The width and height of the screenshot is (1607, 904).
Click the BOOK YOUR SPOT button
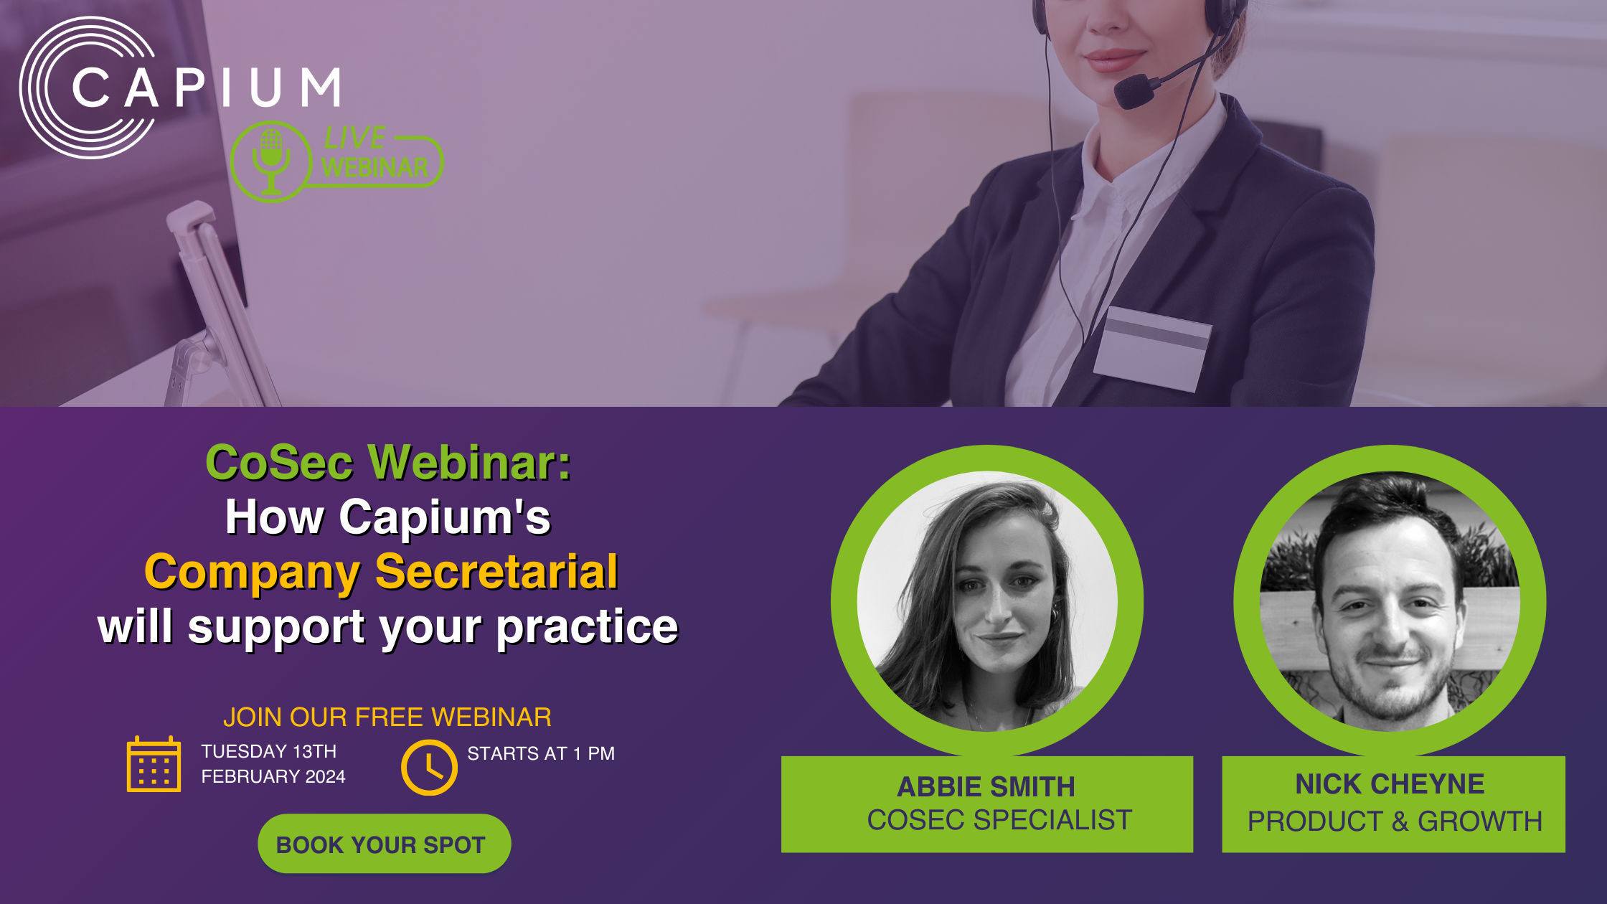click(x=384, y=844)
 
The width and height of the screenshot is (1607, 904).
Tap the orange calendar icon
click(x=154, y=764)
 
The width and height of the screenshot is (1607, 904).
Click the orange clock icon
click(x=429, y=768)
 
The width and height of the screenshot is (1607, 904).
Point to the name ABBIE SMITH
click(x=986, y=787)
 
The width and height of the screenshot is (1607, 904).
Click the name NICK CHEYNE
click(x=1390, y=784)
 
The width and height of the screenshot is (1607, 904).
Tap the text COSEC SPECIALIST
click(x=999, y=820)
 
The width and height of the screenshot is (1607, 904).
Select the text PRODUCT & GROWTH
click(x=1395, y=821)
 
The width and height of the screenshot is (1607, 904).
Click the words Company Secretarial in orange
click(x=381, y=572)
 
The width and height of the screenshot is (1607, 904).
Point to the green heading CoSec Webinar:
click(x=388, y=462)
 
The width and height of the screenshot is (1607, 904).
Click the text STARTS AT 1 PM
click(x=541, y=753)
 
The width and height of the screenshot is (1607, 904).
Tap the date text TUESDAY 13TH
click(x=268, y=751)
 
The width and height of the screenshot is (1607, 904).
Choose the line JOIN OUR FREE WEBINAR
click(x=387, y=717)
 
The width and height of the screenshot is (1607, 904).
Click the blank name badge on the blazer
click(x=1152, y=349)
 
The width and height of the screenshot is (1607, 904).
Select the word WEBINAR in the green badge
click(x=374, y=167)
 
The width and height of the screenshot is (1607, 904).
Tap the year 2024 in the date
click(x=325, y=776)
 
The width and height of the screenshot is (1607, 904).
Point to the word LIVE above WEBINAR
click(x=354, y=137)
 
